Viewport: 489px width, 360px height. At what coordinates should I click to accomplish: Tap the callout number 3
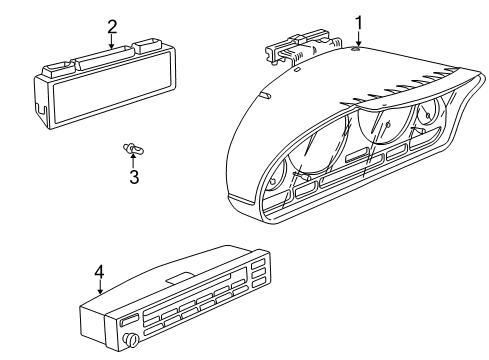coord(133,179)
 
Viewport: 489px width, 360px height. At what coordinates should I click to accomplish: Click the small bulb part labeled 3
coord(131,151)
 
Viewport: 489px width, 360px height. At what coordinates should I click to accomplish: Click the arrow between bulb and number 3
coord(133,162)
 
